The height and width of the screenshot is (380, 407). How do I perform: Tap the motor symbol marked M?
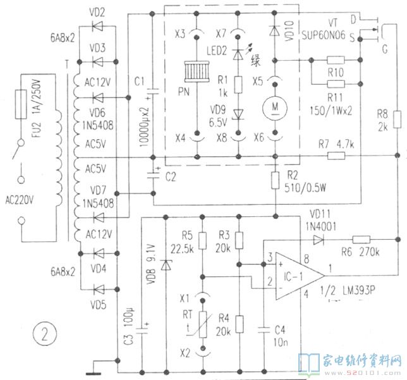pos(275,108)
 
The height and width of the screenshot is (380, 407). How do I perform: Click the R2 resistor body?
pos(276,181)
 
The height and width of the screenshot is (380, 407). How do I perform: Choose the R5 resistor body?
pos(202,240)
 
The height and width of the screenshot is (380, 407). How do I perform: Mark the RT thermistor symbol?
pos(202,322)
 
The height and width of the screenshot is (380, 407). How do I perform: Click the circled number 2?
pos(45,331)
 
